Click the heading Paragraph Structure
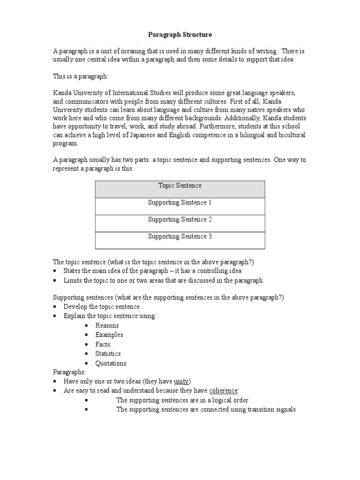click(180, 35)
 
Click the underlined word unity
click(181, 381)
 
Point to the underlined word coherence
click(224, 390)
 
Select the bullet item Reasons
click(107, 325)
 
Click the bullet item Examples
click(109, 335)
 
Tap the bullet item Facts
click(103, 345)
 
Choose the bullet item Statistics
click(108, 354)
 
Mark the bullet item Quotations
click(111, 363)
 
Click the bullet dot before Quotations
click(87, 364)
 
